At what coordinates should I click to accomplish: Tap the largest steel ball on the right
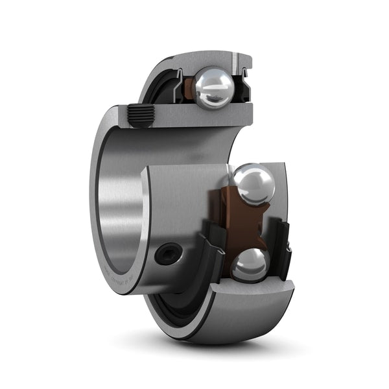pyautogui.click(x=253, y=184)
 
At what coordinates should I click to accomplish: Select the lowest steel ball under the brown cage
pyautogui.click(x=250, y=265)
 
